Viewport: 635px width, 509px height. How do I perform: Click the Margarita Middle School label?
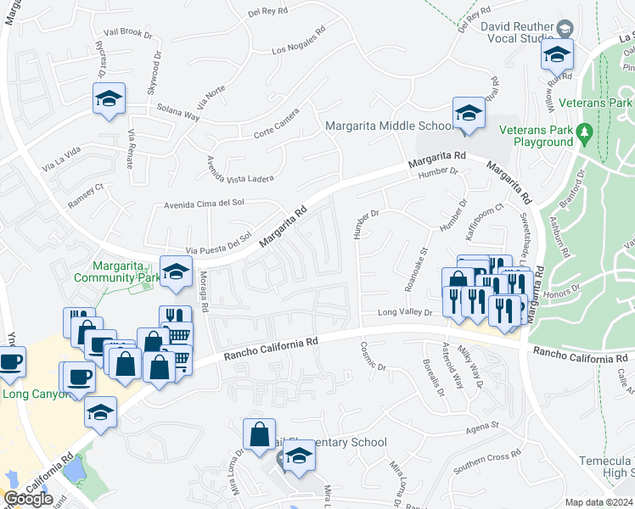coord(391,126)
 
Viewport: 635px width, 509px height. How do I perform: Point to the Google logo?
coord(28,499)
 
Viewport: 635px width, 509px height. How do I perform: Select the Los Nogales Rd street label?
coord(299,44)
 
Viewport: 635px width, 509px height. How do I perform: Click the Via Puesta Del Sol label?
coord(219,243)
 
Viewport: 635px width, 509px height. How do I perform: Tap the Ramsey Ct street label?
coord(86,197)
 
